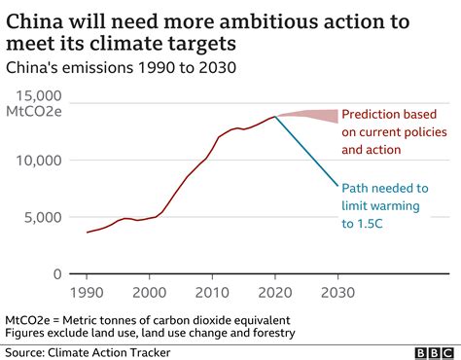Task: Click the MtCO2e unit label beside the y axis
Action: pyautogui.click(x=35, y=113)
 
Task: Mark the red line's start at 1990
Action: pyautogui.click(x=88, y=232)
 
